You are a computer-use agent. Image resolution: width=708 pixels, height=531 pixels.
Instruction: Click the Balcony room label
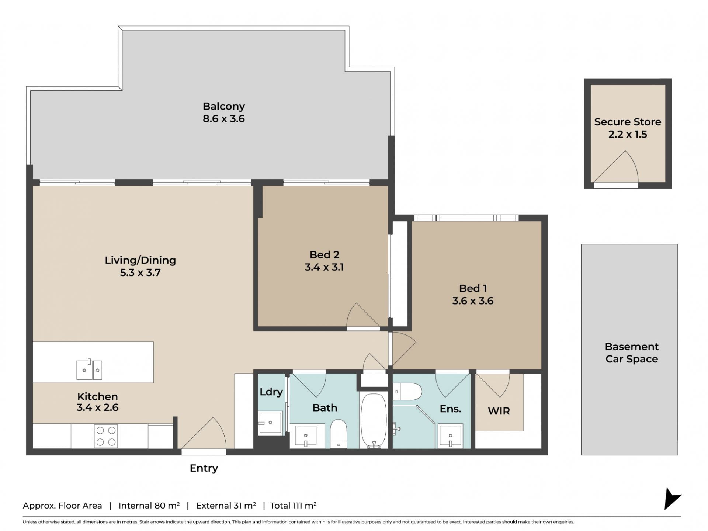[223, 106]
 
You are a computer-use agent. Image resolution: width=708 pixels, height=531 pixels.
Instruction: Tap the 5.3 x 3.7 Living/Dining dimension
[140, 273]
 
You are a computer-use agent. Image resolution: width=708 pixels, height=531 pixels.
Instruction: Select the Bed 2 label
[324, 254]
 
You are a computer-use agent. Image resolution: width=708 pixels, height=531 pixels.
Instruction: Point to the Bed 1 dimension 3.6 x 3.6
[473, 301]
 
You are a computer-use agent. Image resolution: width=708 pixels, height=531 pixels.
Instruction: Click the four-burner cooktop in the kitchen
[106, 436]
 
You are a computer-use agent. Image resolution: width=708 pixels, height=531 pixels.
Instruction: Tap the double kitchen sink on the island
[89, 369]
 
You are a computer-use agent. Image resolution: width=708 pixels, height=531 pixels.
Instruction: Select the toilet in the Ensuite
[407, 392]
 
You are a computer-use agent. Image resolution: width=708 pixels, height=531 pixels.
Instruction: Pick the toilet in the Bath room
[339, 434]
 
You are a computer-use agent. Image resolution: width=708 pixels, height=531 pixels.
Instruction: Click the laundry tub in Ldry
[270, 423]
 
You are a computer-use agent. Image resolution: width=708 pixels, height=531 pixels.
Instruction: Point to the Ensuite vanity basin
[450, 436]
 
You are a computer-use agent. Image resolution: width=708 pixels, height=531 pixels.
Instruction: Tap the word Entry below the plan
[204, 468]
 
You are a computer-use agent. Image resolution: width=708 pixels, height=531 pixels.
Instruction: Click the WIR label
[499, 411]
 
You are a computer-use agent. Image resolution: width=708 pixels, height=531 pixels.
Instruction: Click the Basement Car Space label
[632, 353]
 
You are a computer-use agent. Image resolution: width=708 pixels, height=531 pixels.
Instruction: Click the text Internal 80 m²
[149, 506]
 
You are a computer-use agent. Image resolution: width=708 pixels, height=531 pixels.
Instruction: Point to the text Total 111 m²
[293, 506]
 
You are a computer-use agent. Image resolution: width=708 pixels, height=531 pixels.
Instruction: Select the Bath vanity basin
[305, 436]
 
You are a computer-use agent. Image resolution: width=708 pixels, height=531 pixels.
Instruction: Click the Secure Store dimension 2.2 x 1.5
[628, 134]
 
